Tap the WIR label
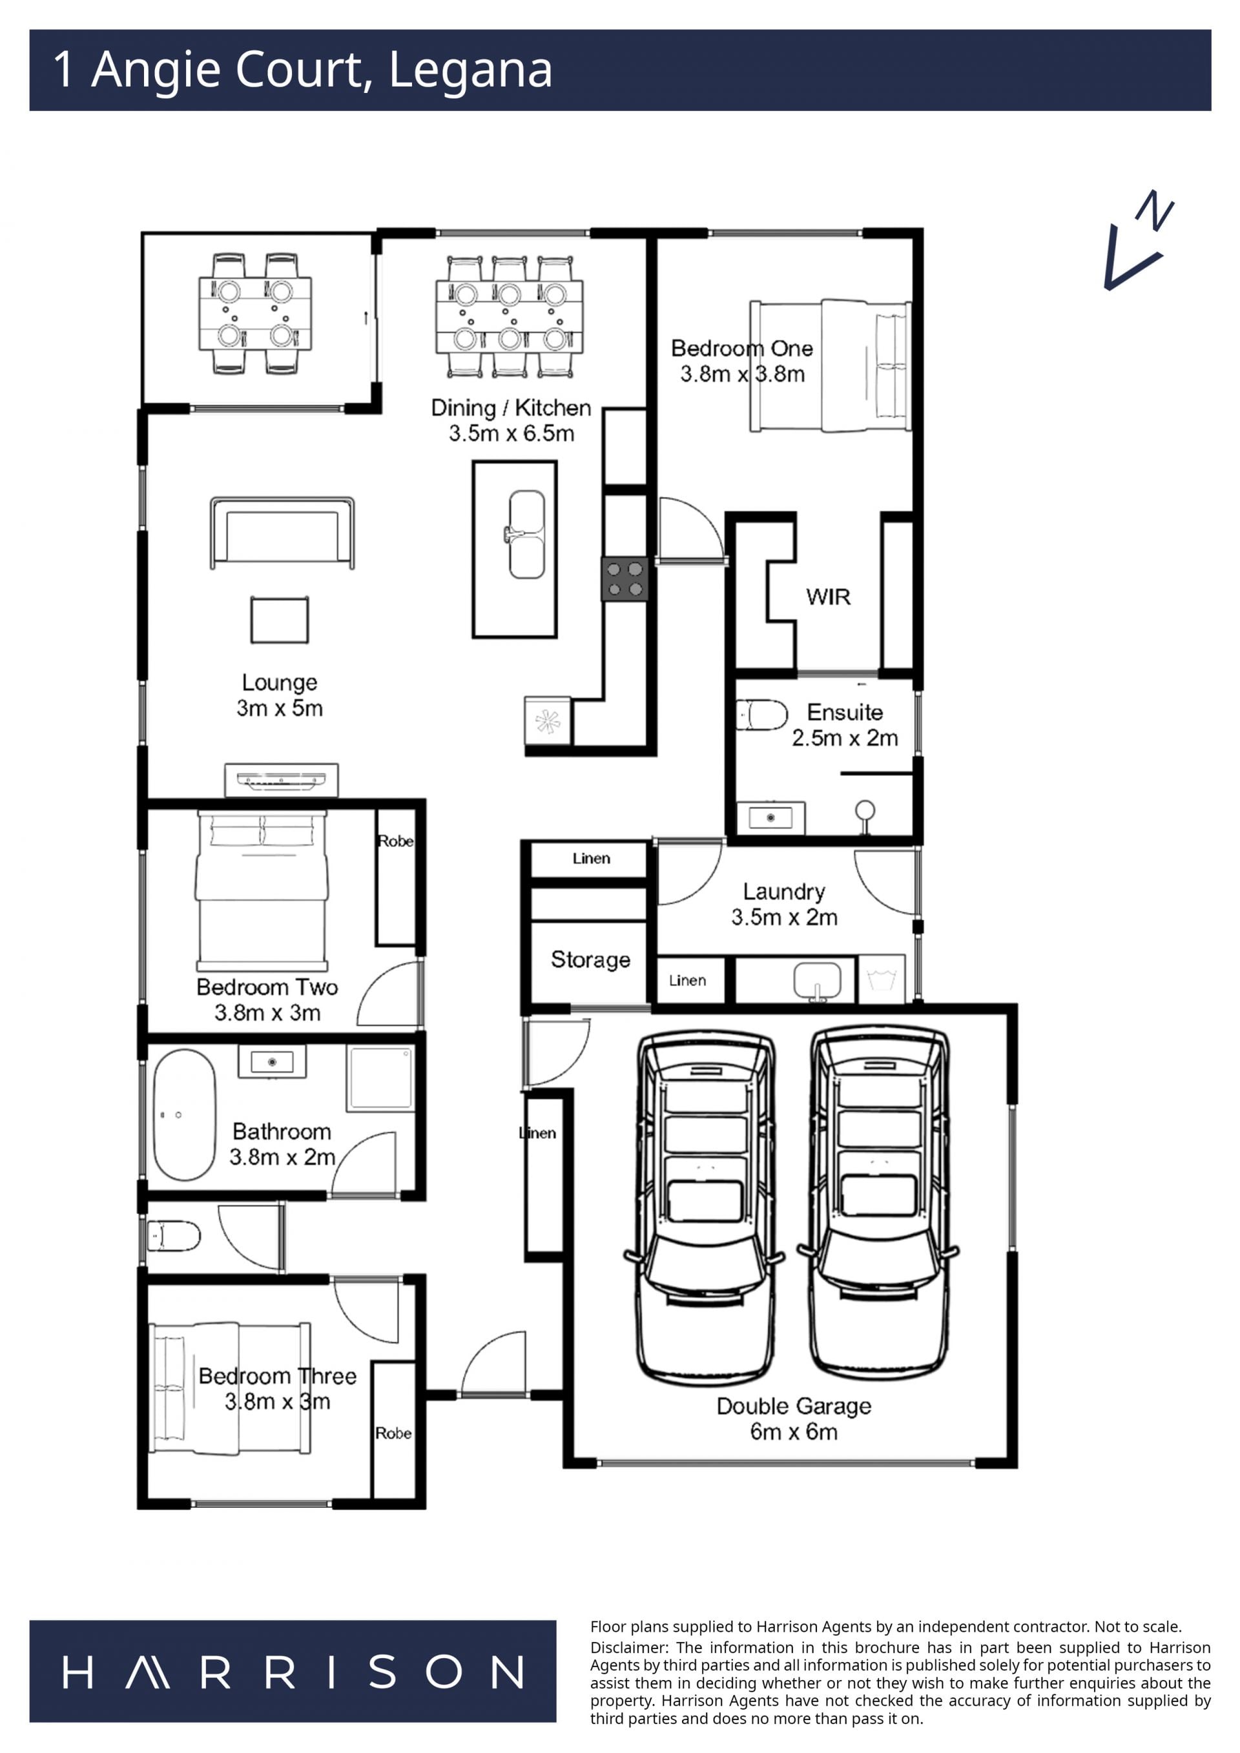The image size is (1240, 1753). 828,597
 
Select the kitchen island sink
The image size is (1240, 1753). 526,535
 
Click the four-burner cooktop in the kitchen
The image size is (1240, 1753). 625,579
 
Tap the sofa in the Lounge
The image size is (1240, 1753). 282,533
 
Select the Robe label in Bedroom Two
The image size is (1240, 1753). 395,841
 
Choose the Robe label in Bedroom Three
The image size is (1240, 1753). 393,1434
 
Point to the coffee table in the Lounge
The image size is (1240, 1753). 280,620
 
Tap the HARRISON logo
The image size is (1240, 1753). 293,1672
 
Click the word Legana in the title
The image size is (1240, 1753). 470,70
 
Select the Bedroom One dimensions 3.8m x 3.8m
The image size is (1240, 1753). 742,374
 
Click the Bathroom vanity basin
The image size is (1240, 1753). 272,1061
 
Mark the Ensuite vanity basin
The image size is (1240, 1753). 770,817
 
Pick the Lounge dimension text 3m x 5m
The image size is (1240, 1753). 280,708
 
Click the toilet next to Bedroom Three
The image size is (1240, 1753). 173,1236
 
